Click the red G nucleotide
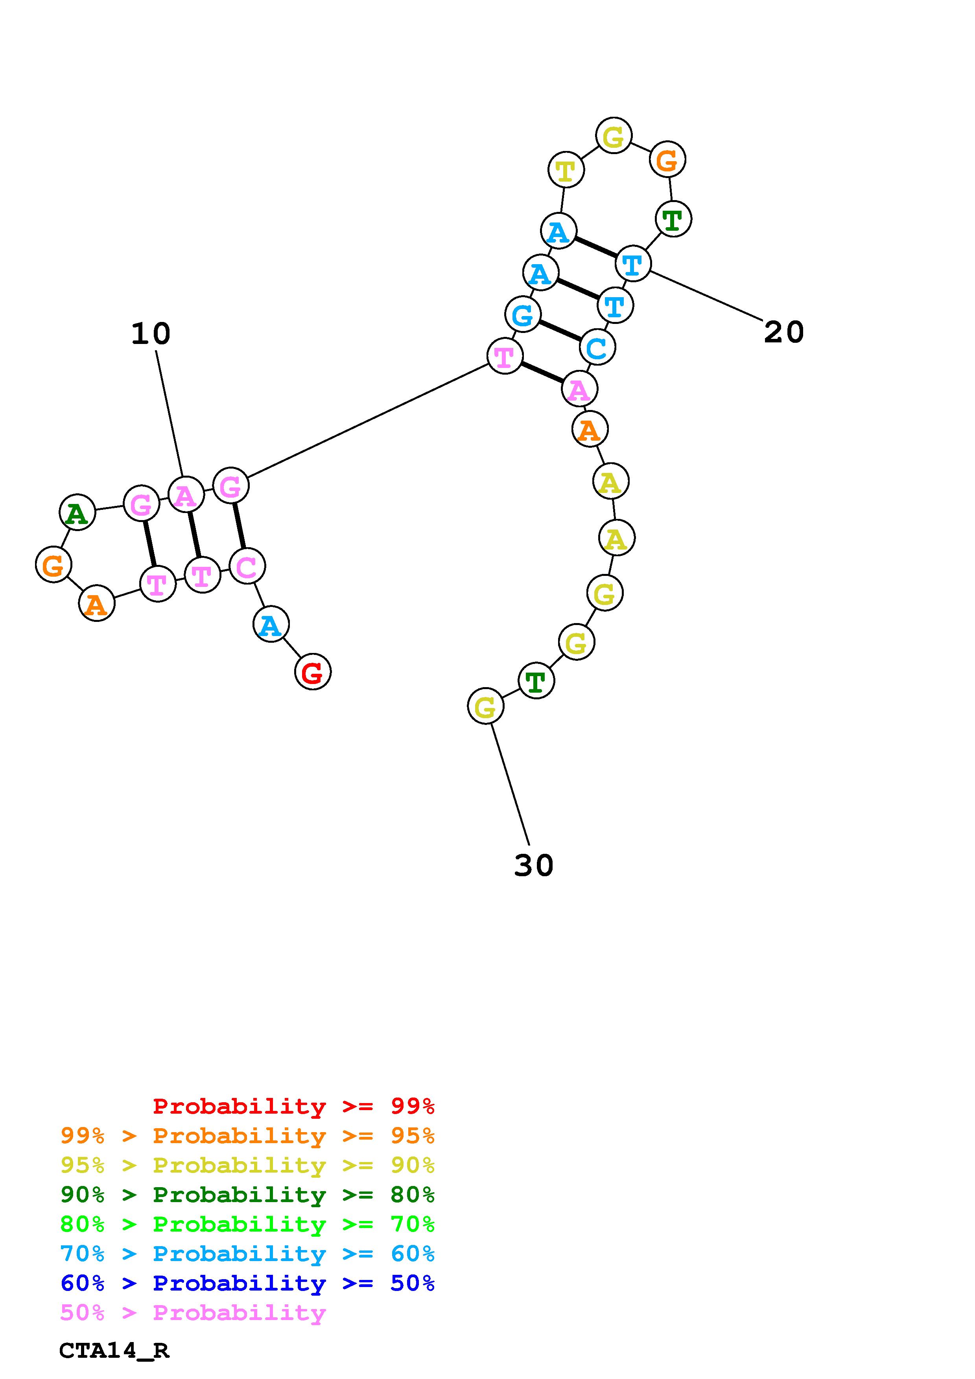(x=312, y=671)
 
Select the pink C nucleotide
(x=246, y=566)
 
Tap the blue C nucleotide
(x=597, y=347)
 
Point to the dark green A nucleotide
(x=77, y=512)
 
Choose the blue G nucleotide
(x=523, y=314)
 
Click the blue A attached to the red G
(x=271, y=625)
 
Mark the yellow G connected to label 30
(x=485, y=706)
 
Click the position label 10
(x=151, y=333)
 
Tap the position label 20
(x=783, y=332)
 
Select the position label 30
(x=533, y=866)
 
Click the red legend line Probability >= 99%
(x=294, y=1106)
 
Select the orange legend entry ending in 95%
(x=247, y=1135)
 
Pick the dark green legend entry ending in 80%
(x=247, y=1195)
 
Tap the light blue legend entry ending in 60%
(x=247, y=1254)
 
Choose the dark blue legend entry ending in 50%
(x=247, y=1283)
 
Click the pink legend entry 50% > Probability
(x=194, y=1312)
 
